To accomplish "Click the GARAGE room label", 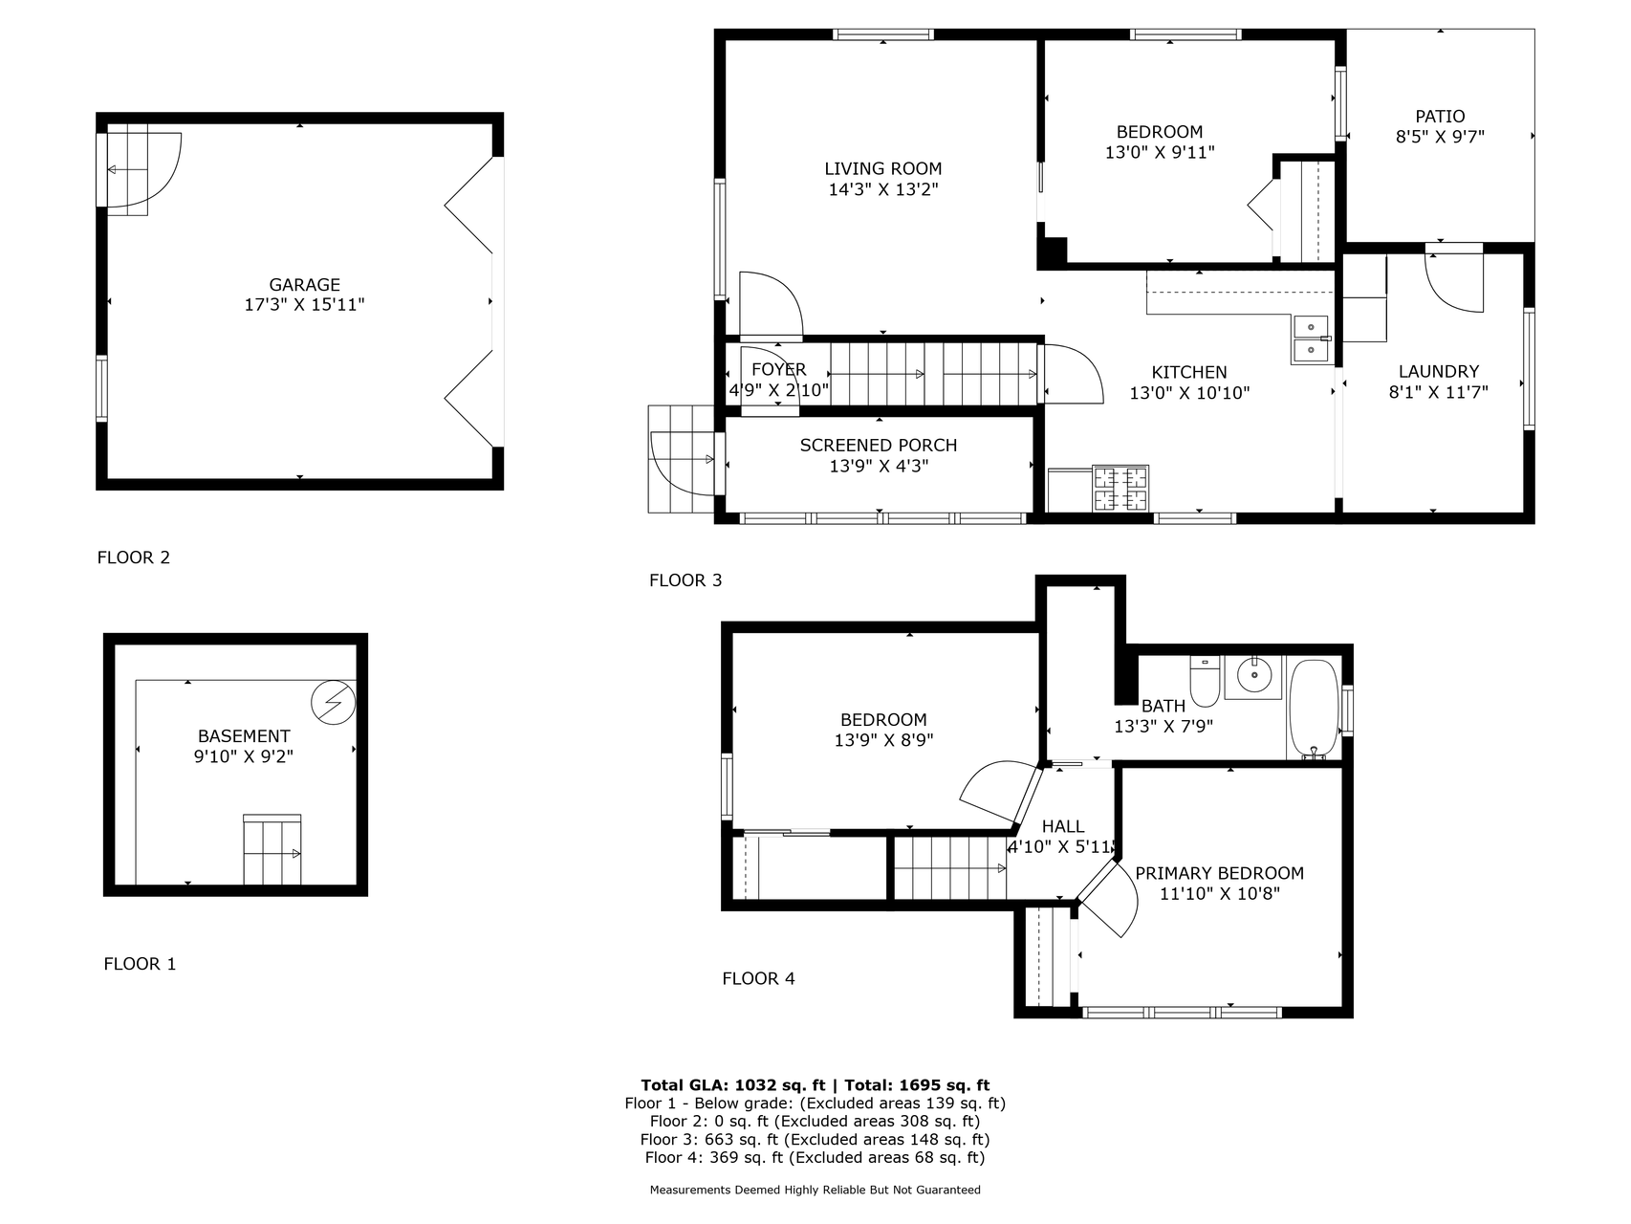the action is pos(304,285).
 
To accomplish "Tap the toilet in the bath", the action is pos(1205,680).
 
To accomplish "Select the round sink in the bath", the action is pos(1252,677).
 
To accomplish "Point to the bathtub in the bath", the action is pos(1315,709).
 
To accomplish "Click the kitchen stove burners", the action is pos(1120,489).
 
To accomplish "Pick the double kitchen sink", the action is pos(1311,339).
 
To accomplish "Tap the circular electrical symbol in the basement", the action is pos(334,704).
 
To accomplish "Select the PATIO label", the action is pos(1440,117).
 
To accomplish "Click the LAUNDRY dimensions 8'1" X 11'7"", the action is pos(1439,392).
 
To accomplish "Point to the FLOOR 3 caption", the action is pos(685,580).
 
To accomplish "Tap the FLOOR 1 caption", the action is pos(140,964).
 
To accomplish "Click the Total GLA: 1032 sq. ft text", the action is pos(733,1085).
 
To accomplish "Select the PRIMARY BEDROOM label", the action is pos(1219,873).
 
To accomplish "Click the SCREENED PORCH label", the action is pos(879,446).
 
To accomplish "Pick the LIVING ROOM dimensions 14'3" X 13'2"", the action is pos(883,189).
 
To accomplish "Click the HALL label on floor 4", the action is pos(1063,826).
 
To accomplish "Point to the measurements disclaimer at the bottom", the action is pos(815,1191).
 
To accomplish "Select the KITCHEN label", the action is pos(1189,372).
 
